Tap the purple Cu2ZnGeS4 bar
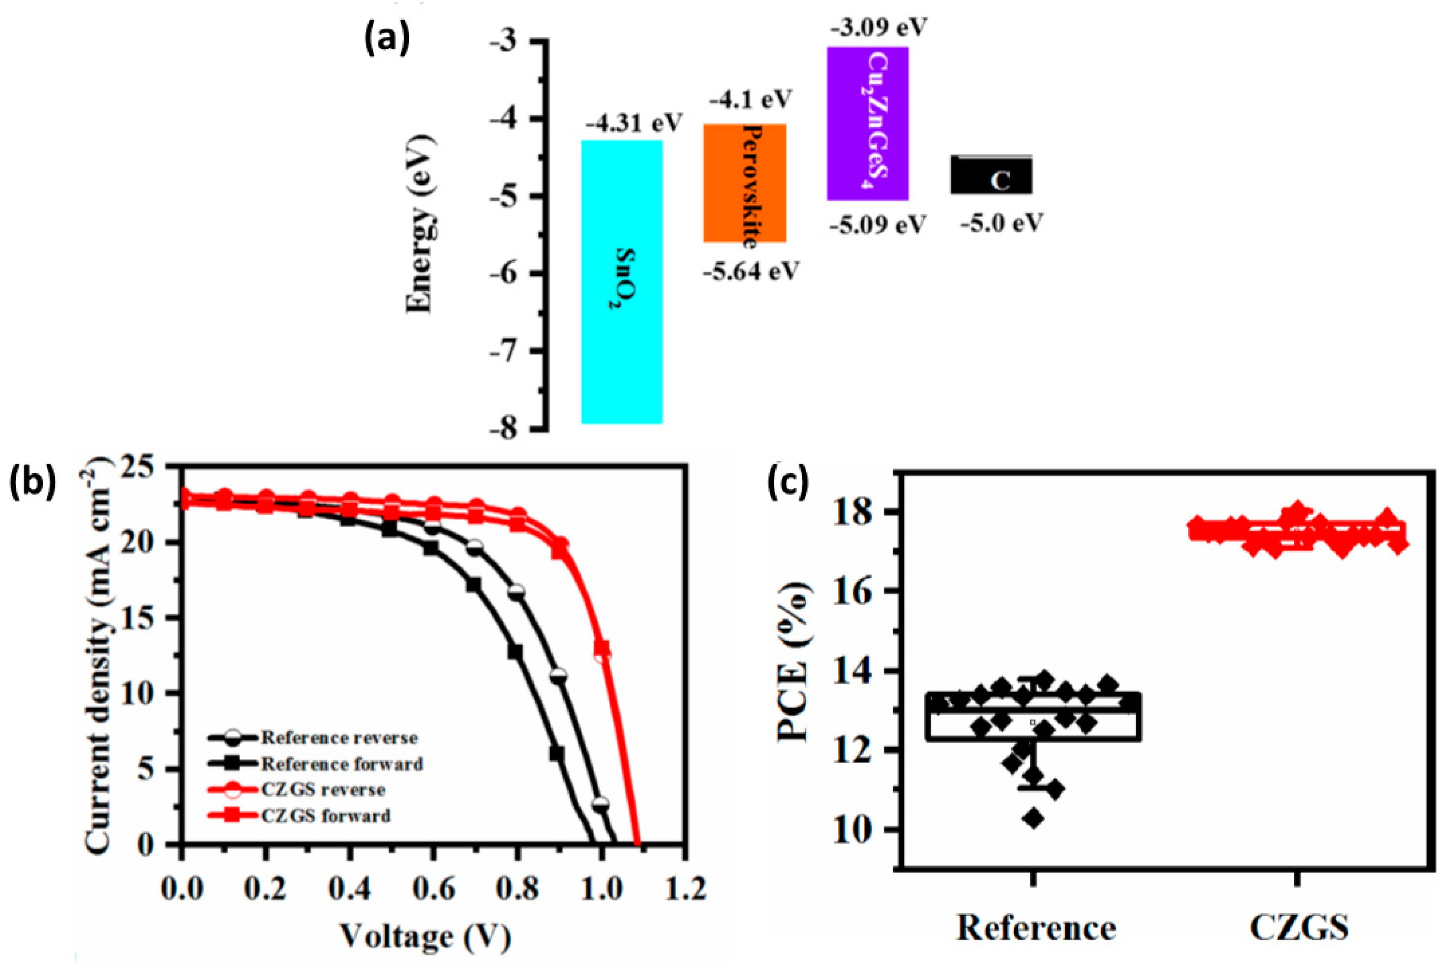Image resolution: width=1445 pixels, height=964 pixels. (x=867, y=123)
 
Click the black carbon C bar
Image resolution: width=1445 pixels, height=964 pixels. (x=991, y=176)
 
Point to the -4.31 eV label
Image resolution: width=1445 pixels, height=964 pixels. (x=634, y=123)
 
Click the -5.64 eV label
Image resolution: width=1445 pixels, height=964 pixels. (x=751, y=270)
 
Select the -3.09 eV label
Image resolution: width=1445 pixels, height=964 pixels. (x=878, y=28)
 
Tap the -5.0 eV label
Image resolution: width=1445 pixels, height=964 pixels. (x=1002, y=223)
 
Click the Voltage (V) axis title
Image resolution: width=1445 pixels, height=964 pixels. (x=426, y=937)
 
